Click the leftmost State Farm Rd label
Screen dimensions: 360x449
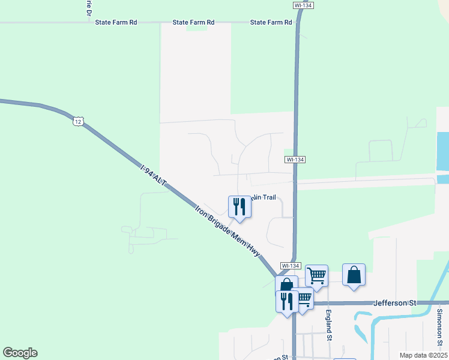(x=116, y=22)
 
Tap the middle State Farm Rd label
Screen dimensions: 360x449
(x=193, y=22)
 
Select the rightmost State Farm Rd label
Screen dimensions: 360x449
(x=271, y=22)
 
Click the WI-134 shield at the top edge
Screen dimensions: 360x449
(x=304, y=5)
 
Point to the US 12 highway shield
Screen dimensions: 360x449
(x=77, y=122)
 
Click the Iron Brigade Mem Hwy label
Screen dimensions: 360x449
(x=228, y=232)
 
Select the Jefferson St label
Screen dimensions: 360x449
(x=395, y=304)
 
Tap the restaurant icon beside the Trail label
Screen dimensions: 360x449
(x=240, y=206)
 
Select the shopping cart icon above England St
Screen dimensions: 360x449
(x=316, y=276)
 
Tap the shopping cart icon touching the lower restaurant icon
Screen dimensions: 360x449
(x=304, y=298)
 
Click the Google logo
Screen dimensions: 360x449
(x=20, y=353)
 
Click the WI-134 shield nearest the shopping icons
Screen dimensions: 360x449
(x=290, y=265)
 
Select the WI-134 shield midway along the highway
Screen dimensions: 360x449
(x=295, y=160)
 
